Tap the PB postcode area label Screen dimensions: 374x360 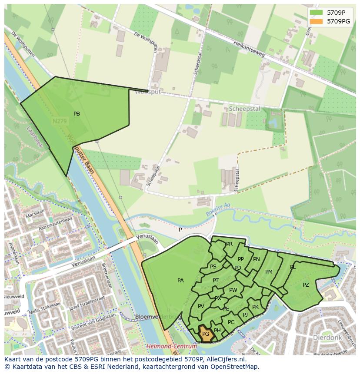pyautogui.click(x=77, y=114)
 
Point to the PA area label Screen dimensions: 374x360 pyautogui.click(x=180, y=281)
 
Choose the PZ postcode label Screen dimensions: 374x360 pyautogui.click(x=306, y=285)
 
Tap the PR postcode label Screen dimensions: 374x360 pyautogui.click(x=229, y=244)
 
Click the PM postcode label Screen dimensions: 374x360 pyautogui.click(x=269, y=272)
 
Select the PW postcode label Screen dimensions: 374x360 pyautogui.click(x=233, y=290)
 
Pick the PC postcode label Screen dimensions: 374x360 pyautogui.click(x=231, y=322)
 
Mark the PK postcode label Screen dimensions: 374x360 pyautogui.click(x=255, y=307)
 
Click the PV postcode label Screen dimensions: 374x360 pyautogui.click(x=201, y=306)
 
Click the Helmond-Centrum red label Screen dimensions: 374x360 pyautogui.click(x=171, y=346)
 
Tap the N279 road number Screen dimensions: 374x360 pyautogui.click(x=59, y=122)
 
